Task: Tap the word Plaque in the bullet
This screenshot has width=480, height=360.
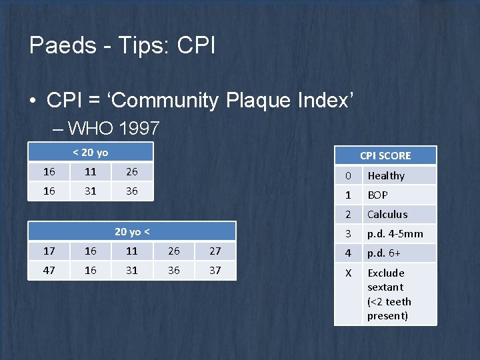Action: point(258,101)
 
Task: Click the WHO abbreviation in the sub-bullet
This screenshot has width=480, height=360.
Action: point(91,127)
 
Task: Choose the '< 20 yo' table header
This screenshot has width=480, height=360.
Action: point(90,153)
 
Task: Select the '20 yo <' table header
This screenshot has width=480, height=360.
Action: point(131,232)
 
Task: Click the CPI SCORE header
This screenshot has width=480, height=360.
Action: point(385,155)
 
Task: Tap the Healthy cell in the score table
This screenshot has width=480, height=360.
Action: point(386,176)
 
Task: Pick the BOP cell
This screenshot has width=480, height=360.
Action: point(377,195)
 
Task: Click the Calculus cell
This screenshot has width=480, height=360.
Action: point(387,215)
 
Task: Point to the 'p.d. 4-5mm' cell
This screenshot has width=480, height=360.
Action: point(395,234)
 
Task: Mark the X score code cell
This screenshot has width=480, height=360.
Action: point(347,273)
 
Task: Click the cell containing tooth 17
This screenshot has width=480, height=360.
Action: point(49,251)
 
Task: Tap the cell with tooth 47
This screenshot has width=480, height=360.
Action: point(49,271)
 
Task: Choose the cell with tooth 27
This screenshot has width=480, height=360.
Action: point(215,251)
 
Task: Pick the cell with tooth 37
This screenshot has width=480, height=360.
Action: point(215,271)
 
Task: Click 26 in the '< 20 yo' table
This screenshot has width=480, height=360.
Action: point(132,172)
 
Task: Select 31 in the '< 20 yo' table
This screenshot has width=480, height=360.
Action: point(91,191)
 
